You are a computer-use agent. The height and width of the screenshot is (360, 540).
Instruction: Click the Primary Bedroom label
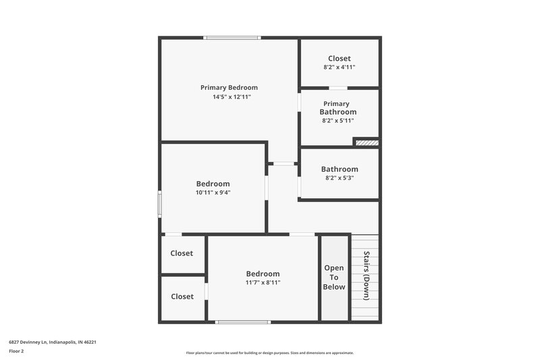pyautogui.click(x=229, y=87)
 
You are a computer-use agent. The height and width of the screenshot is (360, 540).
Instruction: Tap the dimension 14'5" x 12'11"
pyautogui.click(x=229, y=97)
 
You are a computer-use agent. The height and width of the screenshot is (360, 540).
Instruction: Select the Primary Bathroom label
pyautogui.click(x=339, y=107)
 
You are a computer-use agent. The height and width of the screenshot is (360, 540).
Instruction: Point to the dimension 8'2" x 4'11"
pyautogui.click(x=340, y=68)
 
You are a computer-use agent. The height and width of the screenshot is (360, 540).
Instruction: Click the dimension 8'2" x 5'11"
pyautogui.click(x=339, y=121)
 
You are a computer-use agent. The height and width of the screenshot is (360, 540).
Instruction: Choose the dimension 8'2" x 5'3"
pyautogui.click(x=340, y=178)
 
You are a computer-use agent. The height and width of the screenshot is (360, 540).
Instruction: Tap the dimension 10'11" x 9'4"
pyautogui.click(x=213, y=192)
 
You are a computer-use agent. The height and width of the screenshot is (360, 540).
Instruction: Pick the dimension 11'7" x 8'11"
pyautogui.click(x=263, y=282)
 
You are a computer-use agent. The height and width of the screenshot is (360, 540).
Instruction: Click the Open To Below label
pyautogui.click(x=334, y=278)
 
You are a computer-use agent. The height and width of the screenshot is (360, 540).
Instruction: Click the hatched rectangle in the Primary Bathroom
pyautogui.click(x=366, y=143)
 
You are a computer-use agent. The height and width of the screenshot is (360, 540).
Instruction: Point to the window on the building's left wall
pyautogui.click(x=160, y=203)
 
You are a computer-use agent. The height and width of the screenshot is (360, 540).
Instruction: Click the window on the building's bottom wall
pyautogui.click(x=242, y=322)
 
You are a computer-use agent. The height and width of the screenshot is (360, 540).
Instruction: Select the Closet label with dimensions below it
pyautogui.click(x=340, y=59)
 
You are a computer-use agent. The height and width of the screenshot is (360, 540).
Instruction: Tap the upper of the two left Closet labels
pyautogui.click(x=182, y=253)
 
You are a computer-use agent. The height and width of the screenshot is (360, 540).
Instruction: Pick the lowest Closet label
pyautogui.click(x=182, y=297)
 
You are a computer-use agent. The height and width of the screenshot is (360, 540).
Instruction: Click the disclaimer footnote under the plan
pyautogui.click(x=269, y=353)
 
